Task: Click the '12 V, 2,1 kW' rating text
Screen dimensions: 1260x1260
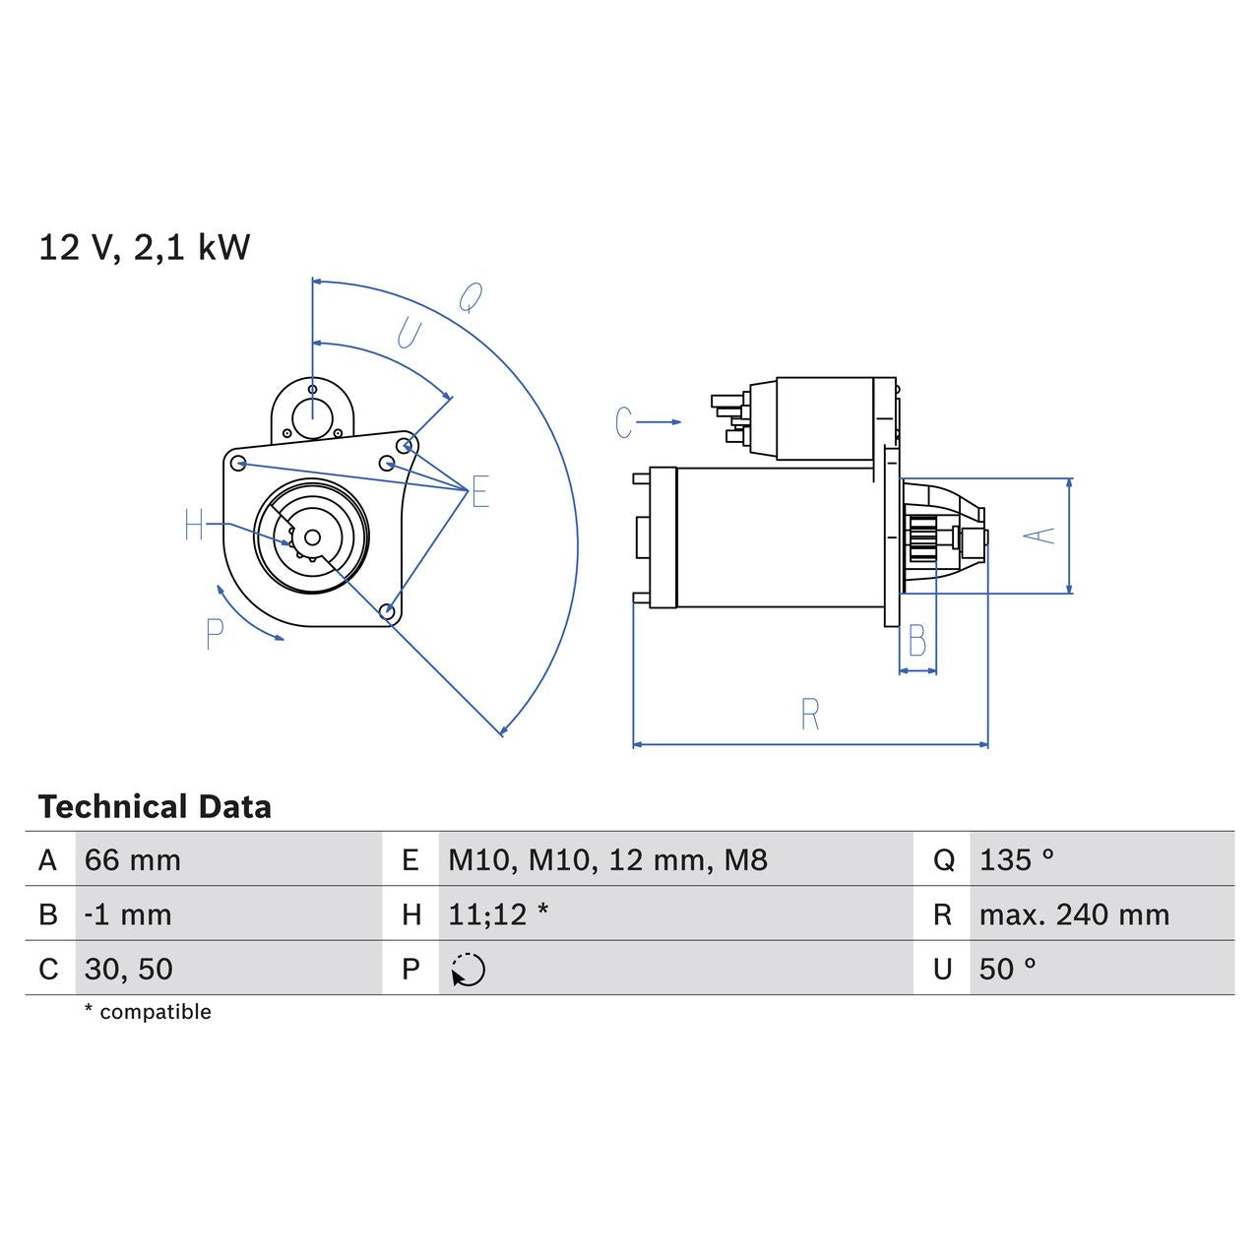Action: pyautogui.click(x=145, y=247)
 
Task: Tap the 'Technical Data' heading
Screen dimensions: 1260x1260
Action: pyautogui.click(x=155, y=807)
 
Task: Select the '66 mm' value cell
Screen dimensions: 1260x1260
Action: pyautogui.click(x=133, y=860)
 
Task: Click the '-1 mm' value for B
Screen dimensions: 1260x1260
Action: pyautogui.click(x=128, y=914)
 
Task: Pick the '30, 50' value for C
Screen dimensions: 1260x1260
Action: pyautogui.click(x=129, y=969)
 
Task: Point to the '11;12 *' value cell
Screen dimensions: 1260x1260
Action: pyautogui.click(x=498, y=914)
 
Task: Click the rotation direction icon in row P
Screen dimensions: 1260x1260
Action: pyautogui.click(x=469, y=970)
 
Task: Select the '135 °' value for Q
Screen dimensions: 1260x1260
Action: pyautogui.click(x=1017, y=860)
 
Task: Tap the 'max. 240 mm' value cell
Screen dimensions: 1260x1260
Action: pyautogui.click(x=1074, y=914)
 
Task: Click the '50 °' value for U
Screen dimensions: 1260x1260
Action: pyautogui.click(x=1008, y=969)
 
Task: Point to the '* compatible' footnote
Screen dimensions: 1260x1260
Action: pyautogui.click(x=148, y=1012)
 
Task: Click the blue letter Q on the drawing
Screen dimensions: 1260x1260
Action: pyautogui.click(x=472, y=296)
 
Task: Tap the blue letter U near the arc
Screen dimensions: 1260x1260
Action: pyautogui.click(x=408, y=335)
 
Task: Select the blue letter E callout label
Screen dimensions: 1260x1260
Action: pyautogui.click(x=479, y=491)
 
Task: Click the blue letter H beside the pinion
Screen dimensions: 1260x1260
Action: pyautogui.click(x=194, y=526)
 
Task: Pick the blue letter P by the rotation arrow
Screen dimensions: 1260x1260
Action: pyautogui.click(x=215, y=635)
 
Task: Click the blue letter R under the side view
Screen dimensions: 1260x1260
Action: pyautogui.click(x=809, y=715)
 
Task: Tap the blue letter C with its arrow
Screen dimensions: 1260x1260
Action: pyautogui.click(x=623, y=422)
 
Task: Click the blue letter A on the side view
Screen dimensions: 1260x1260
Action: pyautogui.click(x=1039, y=535)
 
